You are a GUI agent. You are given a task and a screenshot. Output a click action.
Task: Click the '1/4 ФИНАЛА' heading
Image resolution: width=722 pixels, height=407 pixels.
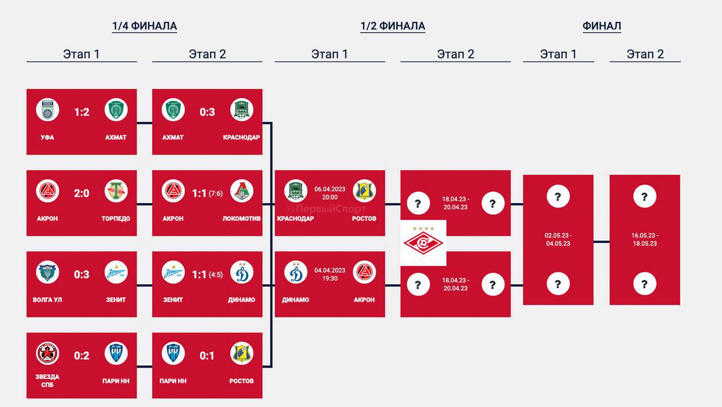144,26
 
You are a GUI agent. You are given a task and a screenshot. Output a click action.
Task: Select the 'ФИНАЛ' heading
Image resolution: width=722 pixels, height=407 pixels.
602,26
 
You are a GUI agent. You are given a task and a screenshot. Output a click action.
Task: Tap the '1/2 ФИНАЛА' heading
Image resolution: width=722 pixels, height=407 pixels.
393,26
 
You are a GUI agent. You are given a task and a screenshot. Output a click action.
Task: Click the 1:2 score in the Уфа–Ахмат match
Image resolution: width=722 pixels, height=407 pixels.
82,112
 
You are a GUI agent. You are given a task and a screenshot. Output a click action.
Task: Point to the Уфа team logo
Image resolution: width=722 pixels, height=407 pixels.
47,110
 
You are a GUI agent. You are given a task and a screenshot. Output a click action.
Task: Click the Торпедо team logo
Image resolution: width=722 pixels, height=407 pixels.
116,191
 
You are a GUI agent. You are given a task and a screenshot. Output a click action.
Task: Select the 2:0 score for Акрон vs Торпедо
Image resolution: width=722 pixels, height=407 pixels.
82,193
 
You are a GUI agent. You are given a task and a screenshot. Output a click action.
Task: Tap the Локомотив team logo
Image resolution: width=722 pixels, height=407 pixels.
242,191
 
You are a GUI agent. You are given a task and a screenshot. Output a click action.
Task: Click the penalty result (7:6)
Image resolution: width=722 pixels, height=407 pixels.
215,193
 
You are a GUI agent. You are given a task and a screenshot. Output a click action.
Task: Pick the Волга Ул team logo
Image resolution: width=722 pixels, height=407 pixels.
47,272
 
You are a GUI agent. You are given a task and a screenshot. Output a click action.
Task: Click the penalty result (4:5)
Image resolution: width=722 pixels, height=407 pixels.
215,275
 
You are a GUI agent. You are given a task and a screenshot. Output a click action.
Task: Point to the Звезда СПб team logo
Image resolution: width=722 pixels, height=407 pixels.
47,353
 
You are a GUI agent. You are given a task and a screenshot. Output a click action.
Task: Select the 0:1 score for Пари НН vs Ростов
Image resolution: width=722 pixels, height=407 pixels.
207,356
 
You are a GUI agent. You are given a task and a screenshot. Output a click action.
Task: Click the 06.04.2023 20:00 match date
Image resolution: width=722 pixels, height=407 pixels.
330,193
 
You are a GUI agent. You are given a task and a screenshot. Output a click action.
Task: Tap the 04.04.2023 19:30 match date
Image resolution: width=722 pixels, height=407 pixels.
330,274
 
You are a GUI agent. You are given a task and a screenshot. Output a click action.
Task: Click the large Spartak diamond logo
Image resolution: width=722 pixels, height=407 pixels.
423,243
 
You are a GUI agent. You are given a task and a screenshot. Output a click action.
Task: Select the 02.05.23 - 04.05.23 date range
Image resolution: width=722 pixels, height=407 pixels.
558,239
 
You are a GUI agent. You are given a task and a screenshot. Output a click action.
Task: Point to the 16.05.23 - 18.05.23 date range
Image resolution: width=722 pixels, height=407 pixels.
645,239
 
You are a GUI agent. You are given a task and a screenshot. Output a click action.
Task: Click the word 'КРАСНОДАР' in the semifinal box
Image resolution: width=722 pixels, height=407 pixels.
296,218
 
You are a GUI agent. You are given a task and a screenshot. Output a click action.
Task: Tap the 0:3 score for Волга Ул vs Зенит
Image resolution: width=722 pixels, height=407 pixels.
82,275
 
